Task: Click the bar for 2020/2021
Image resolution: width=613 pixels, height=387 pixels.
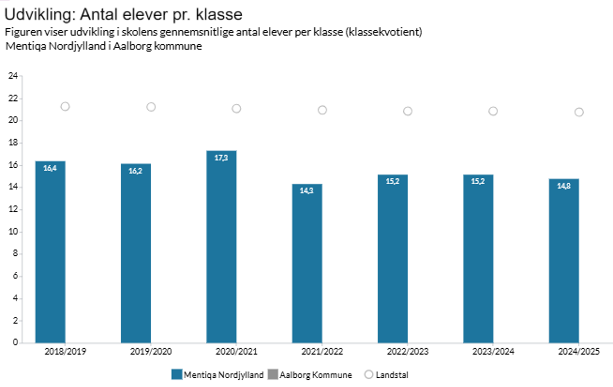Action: coord(222,247)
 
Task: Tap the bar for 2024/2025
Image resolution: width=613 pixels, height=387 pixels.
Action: coord(564,261)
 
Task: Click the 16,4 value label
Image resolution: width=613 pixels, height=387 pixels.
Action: coord(50,168)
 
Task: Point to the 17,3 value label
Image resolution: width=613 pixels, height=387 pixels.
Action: coord(221,158)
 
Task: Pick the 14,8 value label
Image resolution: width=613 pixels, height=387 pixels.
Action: coord(564,186)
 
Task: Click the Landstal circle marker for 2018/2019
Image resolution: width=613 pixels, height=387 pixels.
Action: coord(65,106)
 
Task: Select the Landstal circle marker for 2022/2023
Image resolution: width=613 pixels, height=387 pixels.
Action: coord(408,111)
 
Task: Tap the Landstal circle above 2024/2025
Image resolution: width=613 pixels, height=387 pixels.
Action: coord(579,112)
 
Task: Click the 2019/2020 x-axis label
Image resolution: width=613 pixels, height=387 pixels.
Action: coord(151,351)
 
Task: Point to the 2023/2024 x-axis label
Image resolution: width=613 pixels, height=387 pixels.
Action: coord(493,351)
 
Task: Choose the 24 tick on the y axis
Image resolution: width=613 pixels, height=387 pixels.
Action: coord(13,76)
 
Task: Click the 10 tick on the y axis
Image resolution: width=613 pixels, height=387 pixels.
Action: coord(13,231)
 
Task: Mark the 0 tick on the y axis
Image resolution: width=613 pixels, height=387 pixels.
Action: coord(15,342)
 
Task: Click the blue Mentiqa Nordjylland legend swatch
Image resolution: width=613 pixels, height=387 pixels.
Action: coord(176,375)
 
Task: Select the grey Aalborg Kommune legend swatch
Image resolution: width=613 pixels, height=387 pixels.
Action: coord(273,375)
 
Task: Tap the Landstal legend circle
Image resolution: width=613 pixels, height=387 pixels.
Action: coord(369,375)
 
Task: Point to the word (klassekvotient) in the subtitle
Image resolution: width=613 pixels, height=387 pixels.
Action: coord(384,32)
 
